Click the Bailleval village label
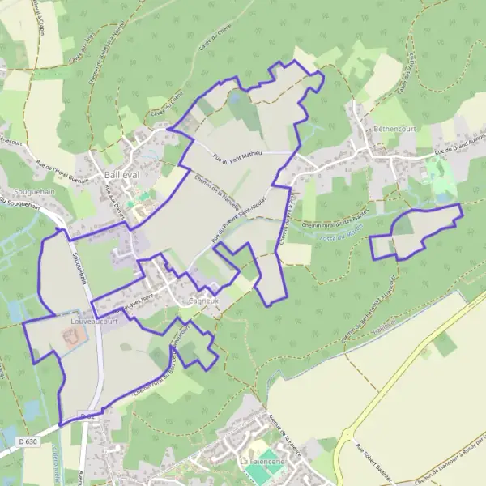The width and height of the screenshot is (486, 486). click(122, 174)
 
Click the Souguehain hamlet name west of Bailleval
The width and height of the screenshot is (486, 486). click(27, 193)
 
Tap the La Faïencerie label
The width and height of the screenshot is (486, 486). click(260, 461)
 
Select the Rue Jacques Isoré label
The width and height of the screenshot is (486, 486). click(134, 301)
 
